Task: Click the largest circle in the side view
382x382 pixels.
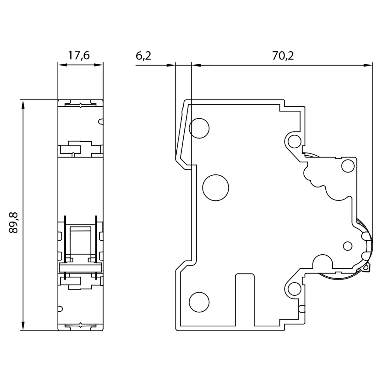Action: point(216,187)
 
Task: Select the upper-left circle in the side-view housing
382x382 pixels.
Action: point(199,128)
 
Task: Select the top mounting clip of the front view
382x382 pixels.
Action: point(81,104)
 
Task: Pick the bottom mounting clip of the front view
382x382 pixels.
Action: point(81,326)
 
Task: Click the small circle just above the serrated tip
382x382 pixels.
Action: point(365,256)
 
